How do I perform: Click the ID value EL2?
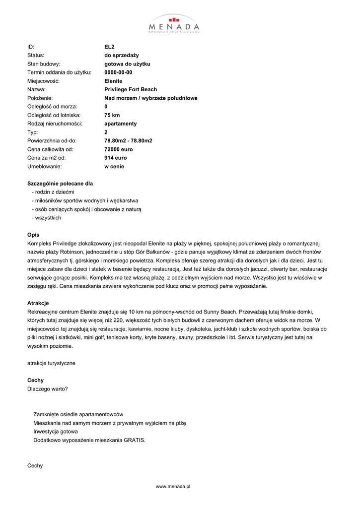(109, 47)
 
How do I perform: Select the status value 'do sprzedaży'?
(121, 55)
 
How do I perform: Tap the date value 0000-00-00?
(118, 72)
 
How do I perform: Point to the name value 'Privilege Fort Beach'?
(131, 89)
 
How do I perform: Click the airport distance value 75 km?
(112, 115)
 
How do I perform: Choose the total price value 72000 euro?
(119, 149)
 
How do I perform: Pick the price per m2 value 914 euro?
(115, 158)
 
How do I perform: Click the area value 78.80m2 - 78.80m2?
(128, 141)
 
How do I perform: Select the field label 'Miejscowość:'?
(43, 81)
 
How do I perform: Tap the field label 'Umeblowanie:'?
(44, 166)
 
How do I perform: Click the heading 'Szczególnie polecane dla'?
(60, 184)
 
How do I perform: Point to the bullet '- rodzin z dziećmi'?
(53, 192)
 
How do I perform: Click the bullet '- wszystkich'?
(46, 218)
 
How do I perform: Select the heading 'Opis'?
(33, 235)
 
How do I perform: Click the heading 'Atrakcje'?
(38, 303)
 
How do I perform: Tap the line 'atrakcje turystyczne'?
(51, 363)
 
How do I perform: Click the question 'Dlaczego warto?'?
(48, 388)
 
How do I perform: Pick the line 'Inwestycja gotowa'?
(56, 431)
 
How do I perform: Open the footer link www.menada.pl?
(173, 487)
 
